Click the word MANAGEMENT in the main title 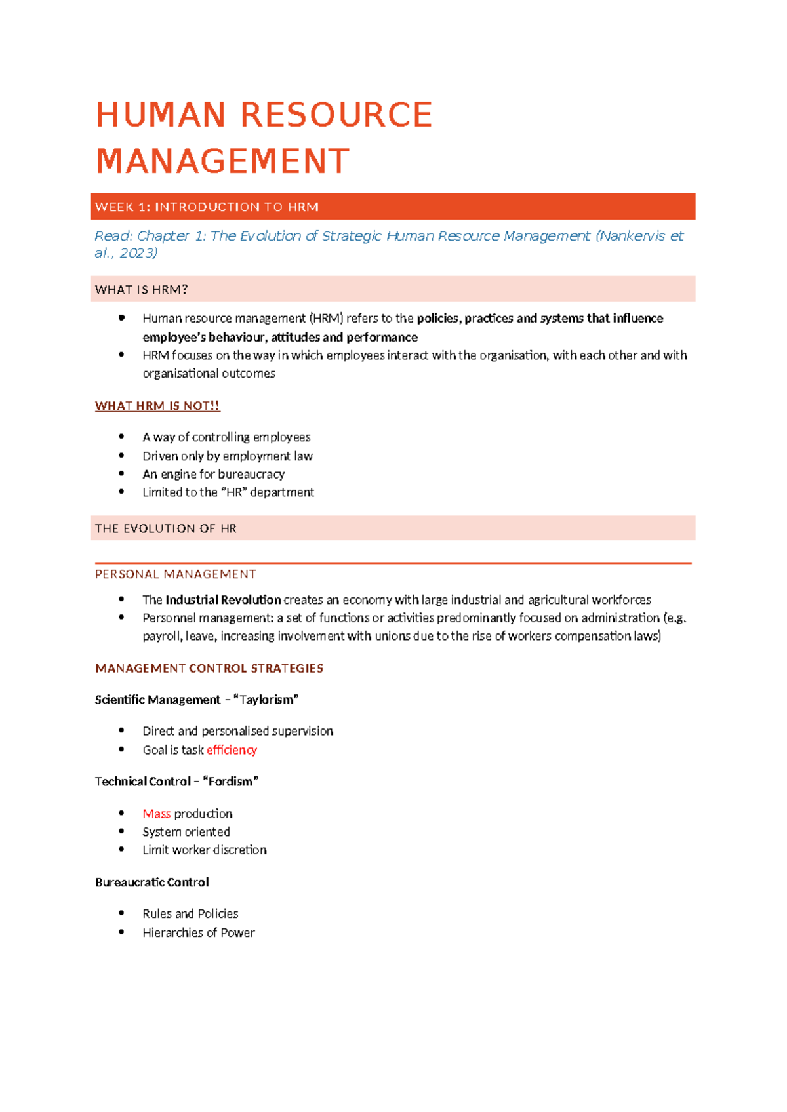pos(223,161)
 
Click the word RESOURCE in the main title pos(336,115)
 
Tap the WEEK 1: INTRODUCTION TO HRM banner pos(392,207)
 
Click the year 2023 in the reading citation pos(136,253)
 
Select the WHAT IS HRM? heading pos(142,289)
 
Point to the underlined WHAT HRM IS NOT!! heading pos(157,406)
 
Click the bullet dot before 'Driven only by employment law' pos(121,455)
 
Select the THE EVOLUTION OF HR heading pos(165,528)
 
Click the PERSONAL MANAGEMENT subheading pos(175,574)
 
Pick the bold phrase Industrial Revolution pos(223,600)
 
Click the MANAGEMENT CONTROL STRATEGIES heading pos(209,668)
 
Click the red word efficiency pos(232,750)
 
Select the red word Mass pos(156,814)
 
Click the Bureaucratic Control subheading pos(151,883)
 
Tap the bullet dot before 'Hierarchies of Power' pos(121,932)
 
